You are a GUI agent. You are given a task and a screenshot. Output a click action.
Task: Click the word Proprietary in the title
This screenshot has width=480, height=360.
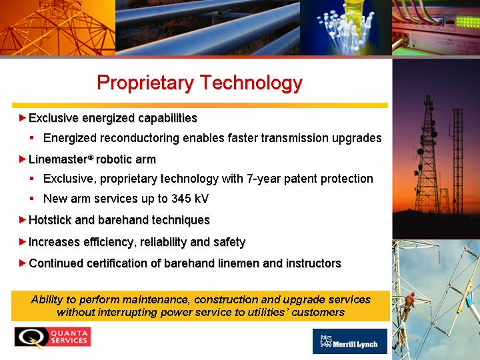146,83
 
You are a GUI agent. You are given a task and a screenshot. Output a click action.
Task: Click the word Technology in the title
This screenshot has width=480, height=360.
251,83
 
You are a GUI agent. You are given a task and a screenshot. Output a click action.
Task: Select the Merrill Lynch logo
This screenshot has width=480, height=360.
349,341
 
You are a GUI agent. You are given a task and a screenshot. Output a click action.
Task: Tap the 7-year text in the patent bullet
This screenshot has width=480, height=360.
263,179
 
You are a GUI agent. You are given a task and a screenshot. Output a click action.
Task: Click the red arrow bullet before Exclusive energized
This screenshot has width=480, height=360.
23,117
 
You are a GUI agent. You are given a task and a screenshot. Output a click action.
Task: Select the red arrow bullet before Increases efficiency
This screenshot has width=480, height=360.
23,242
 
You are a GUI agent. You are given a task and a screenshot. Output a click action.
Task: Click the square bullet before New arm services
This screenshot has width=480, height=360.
32,199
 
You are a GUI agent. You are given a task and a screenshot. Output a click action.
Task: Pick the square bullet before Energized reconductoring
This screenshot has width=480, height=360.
32,138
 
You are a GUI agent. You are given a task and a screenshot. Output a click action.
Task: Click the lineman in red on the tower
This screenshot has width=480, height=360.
409,306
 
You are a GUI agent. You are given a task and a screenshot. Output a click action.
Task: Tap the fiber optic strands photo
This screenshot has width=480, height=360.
346,27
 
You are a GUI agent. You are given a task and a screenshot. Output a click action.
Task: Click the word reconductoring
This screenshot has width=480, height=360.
139,138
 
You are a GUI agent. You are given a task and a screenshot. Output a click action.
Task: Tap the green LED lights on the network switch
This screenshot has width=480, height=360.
467,23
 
